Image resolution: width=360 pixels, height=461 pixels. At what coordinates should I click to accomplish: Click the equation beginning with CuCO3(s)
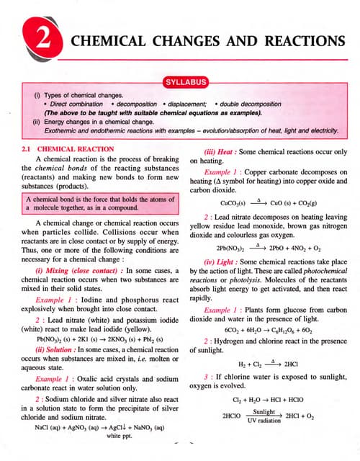point(264,204)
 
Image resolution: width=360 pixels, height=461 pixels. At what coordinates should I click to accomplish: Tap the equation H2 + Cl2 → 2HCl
point(264,364)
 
